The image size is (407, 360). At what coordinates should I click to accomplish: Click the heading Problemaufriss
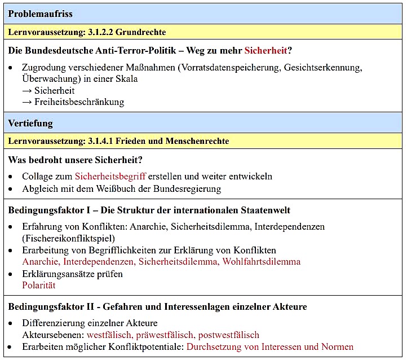coord(40,14)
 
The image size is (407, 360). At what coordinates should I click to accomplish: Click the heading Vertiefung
coord(30,123)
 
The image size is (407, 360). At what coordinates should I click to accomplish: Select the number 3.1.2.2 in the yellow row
coord(100,32)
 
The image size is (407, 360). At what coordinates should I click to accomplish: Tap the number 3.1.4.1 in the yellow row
coord(100,141)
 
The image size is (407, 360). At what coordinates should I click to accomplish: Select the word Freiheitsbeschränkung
coord(79,102)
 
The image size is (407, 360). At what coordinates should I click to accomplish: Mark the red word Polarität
coord(39,286)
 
